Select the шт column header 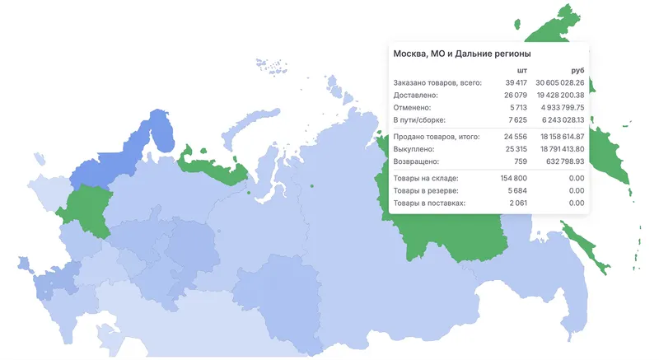pyautogui.click(x=521, y=71)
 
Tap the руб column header pyautogui.click(x=577, y=71)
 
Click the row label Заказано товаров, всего pyautogui.click(x=437, y=83)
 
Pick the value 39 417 pyautogui.click(x=514, y=83)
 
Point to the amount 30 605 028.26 pyautogui.click(x=559, y=83)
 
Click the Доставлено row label pyautogui.click(x=416, y=96)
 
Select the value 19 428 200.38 pyautogui.click(x=559, y=96)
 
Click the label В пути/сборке pyautogui.click(x=419, y=120)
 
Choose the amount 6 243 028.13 pyautogui.click(x=562, y=120)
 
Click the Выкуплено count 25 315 pyautogui.click(x=515, y=149)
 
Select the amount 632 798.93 pyautogui.click(x=565, y=161)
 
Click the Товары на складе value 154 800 pyautogui.click(x=512, y=178)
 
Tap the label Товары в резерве pyautogui.click(x=427, y=190)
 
